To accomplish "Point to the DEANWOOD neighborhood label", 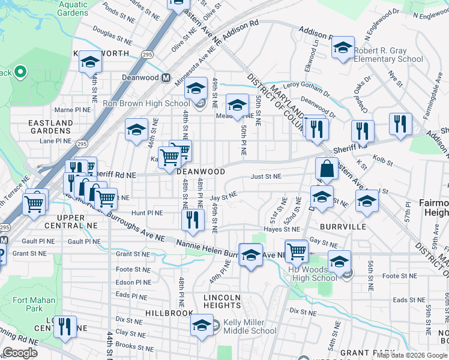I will [x=201, y=172].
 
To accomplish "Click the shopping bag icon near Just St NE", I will [x=326, y=170].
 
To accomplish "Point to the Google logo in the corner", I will [x=20, y=353].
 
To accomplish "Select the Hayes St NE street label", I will [x=281, y=229].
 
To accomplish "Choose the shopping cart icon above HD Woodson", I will [x=297, y=251].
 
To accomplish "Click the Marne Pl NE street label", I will [x=72, y=110].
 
